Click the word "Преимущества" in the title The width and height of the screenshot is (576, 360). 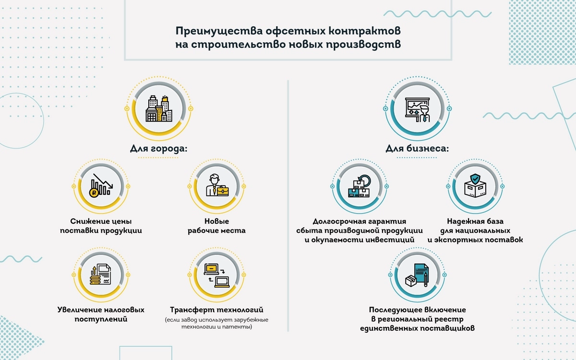click(x=219, y=31)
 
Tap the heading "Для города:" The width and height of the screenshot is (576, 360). click(x=159, y=149)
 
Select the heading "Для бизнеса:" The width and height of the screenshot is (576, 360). click(x=417, y=149)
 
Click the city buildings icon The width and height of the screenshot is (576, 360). click(x=159, y=108)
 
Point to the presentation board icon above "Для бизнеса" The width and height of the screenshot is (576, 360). click(x=417, y=109)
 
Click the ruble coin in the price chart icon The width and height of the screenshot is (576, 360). click(x=94, y=192)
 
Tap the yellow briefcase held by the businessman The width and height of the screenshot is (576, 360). click(x=223, y=191)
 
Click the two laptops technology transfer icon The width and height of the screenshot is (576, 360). click(x=216, y=276)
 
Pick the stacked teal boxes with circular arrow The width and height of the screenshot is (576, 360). click(x=359, y=186)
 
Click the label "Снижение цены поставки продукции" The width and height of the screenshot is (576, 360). click(x=101, y=226)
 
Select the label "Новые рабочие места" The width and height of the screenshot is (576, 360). click(x=216, y=226)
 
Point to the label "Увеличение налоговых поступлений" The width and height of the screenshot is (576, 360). click(x=101, y=314)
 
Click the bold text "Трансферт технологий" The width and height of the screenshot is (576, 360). click(x=216, y=310)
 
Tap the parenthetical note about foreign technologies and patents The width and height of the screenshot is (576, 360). click(x=216, y=323)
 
